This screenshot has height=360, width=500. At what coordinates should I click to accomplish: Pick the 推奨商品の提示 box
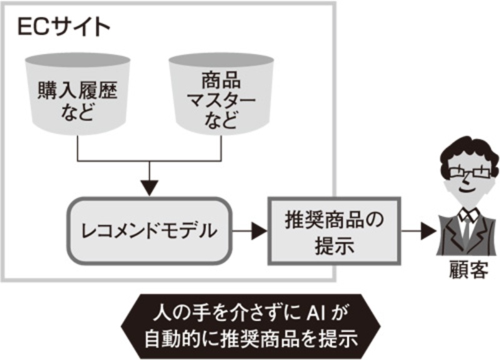tap(332, 231)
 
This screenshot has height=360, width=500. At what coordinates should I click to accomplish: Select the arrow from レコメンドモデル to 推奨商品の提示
tap(251, 231)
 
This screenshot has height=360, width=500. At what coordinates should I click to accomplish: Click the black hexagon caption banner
tap(250, 326)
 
